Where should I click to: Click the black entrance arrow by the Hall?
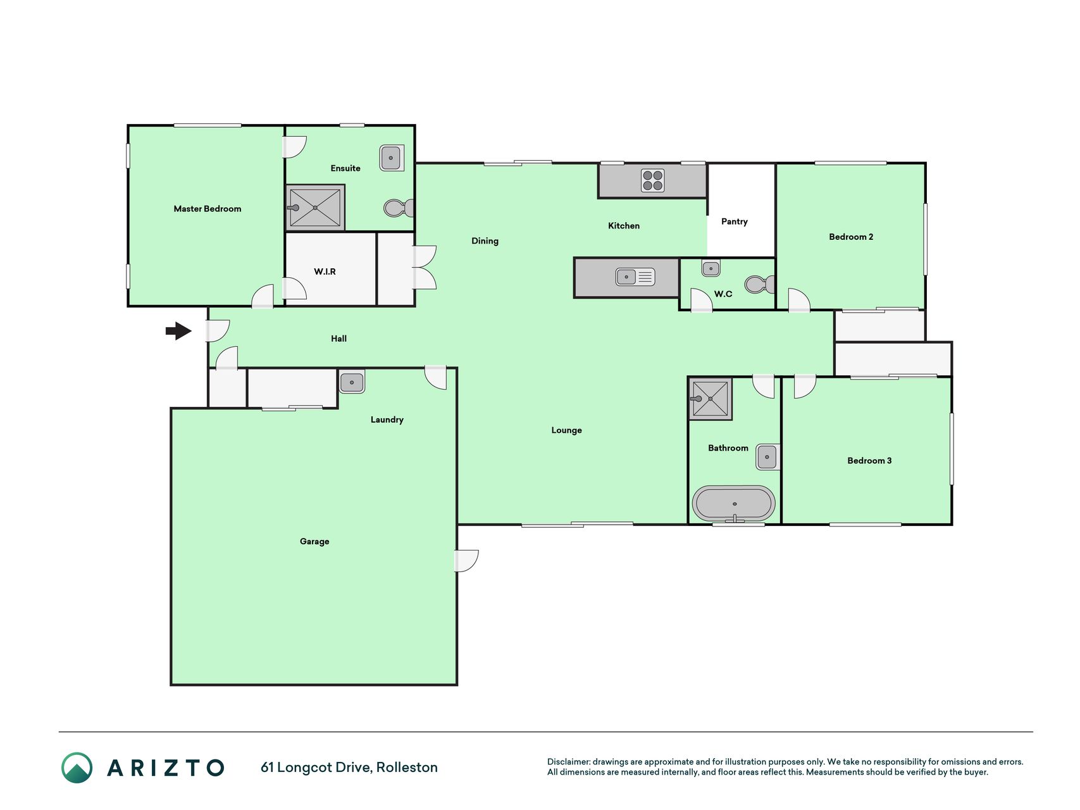pyautogui.click(x=178, y=330)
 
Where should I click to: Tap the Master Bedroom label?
pyautogui.click(x=208, y=209)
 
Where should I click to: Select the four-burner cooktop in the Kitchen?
pyautogui.click(x=653, y=180)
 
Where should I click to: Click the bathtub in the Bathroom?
pyautogui.click(x=734, y=504)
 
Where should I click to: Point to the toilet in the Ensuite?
pyautogui.click(x=399, y=208)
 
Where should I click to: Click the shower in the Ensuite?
pyautogui.click(x=315, y=208)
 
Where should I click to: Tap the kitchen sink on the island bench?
pyautogui.click(x=635, y=277)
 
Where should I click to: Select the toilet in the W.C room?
pyautogui.click(x=759, y=284)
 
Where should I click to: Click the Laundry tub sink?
pyautogui.click(x=352, y=382)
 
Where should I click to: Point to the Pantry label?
pyautogui.click(x=734, y=221)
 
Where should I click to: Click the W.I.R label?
pyautogui.click(x=325, y=271)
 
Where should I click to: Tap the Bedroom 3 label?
pyautogui.click(x=869, y=461)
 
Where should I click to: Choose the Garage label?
pyautogui.click(x=314, y=541)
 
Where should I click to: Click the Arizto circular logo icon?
pyautogui.click(x=77, y=768)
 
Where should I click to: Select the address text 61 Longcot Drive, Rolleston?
pyautogui.click(x=349, y=768)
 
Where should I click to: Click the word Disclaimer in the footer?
pyautogui.click(x=568, y=762)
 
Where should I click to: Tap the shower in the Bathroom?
pyautogui.click(x=711, y=399)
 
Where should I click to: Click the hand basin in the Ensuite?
pyautogui.click(x=392, y=158)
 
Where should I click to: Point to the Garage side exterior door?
pyautogui.click(x=467, y=561)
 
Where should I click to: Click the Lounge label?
pyautogui.click(x=566, y=430)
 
